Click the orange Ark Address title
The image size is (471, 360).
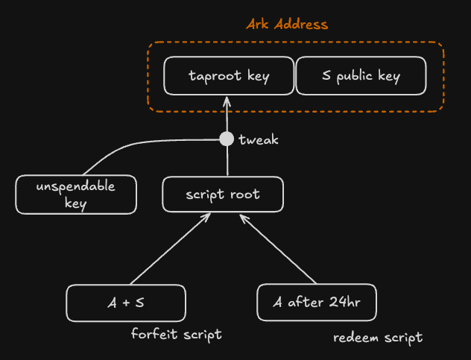[x=287, y=24]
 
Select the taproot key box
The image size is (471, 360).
[x=228, y=76]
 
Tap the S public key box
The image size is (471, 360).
[x=361, y=76]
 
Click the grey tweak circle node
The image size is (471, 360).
[x=227, y=139]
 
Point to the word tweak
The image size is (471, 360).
[x=259, y=140]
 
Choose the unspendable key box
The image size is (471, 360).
[x=76, y=195]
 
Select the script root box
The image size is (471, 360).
[x=223, y=195]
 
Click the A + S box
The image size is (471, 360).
[x=125, y=303]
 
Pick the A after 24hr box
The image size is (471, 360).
[x=317, y=303]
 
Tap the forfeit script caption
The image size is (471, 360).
[x=176, y=334]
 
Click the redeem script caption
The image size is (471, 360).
[x=377, y=338]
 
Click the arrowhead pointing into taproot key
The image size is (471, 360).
[x=227, y=102]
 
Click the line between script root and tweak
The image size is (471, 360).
[x=227, y=162]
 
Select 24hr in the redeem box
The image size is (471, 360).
[x=341, y=303]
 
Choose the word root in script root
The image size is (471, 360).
[x=245, y=195]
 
